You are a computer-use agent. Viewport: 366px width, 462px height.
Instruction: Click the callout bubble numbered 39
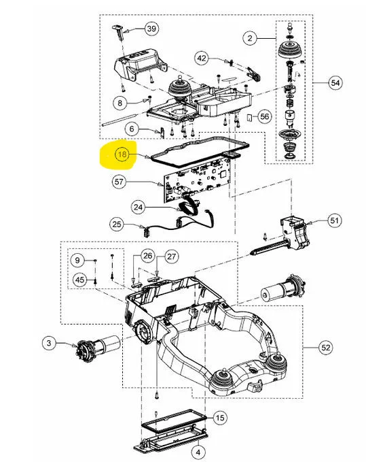[151, 29]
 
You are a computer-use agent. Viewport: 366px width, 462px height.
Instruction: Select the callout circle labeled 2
[250, 38]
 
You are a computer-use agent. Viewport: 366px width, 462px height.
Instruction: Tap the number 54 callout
[335, 83]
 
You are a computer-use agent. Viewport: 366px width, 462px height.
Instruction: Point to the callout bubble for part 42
[202, 58]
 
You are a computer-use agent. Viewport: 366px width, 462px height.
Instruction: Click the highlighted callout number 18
[122, 154]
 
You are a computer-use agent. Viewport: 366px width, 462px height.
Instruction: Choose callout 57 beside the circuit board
[119, 182]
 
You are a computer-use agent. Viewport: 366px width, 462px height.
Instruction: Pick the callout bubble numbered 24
[138, 207]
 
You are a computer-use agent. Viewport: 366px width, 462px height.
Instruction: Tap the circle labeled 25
[117, 225]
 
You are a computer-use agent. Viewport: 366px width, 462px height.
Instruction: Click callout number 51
[334, 220]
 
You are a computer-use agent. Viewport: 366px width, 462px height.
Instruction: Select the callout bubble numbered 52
[326, 348]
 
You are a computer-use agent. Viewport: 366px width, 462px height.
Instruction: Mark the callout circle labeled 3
[49, 343]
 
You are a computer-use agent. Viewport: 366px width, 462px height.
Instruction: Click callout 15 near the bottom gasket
[220, 418]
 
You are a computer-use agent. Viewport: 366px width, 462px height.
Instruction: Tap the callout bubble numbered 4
[198, 452]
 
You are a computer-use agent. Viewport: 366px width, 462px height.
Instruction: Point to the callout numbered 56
[265, 116]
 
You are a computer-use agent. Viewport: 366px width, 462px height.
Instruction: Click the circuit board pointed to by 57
[197, 180]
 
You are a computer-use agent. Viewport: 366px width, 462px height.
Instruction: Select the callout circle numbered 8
[120, 103]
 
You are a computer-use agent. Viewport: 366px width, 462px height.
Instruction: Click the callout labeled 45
[79, 280]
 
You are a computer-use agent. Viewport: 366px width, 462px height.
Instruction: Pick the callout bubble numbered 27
[171, 257]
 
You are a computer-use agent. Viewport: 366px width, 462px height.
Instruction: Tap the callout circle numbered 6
[132, 129]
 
